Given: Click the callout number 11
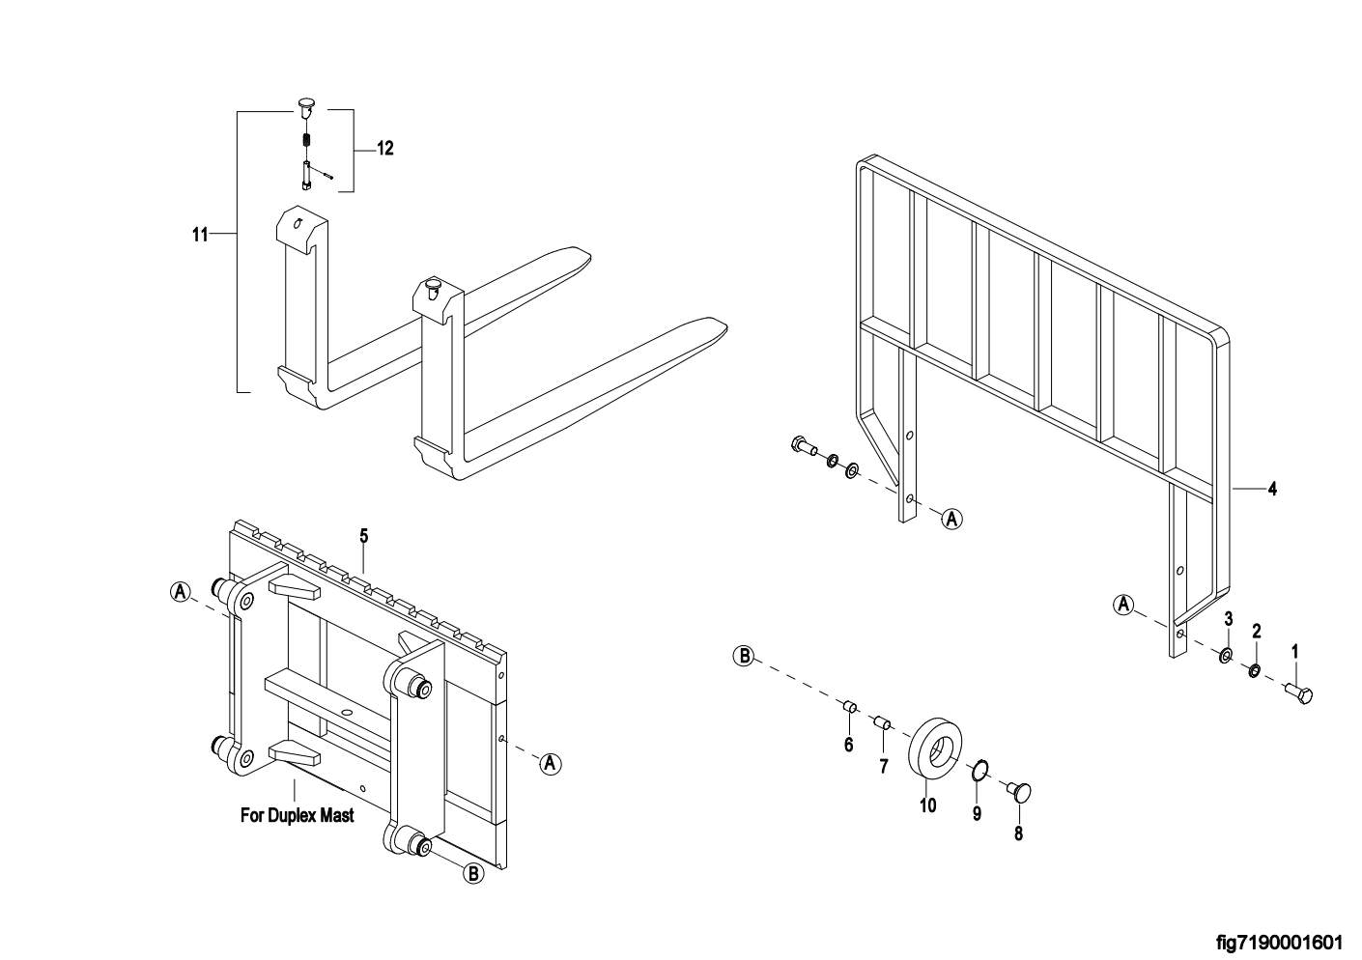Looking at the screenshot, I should click(x=200, y=234).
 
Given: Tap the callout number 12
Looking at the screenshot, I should click(x=384, y=149).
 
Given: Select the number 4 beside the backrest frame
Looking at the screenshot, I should click(x=1272, y=490).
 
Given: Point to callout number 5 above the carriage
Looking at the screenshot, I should click(x=363, y=534).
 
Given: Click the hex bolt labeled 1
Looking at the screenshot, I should click(x=1297, y=692).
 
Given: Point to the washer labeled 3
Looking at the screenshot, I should click(x=1225, y=657).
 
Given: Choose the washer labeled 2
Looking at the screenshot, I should click(x=1254, y=671).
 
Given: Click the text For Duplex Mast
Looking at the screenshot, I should click(x=297, y=815).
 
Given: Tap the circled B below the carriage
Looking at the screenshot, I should click(x=473, y=873).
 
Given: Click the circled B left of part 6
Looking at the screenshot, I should click(x=744, y=657).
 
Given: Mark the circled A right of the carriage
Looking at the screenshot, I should click(x=550, y=763).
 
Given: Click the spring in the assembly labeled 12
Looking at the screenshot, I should click(x=306, y=140).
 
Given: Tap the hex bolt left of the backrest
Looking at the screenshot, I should click(x=803, y=446).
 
